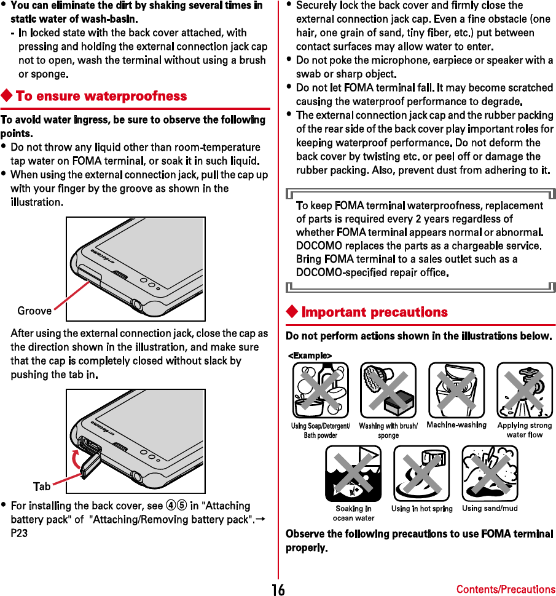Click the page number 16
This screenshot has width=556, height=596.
(278, 589)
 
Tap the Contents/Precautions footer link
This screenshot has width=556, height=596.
(505, 589)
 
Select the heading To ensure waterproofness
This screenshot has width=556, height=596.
(101, 96)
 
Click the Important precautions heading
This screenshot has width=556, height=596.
(374, 312)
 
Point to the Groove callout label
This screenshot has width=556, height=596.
(34, 311)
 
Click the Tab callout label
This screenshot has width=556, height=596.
(42, 486)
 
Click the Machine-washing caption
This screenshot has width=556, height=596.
(456, 425)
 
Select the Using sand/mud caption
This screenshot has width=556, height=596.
(490, 509)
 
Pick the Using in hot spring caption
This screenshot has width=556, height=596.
(422, 509)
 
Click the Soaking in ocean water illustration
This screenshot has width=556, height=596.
(353, 474)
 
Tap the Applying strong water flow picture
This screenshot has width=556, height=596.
(524, 390)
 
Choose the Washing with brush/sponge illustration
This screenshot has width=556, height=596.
(388, 390)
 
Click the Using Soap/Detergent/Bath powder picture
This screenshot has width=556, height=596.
(320, 390)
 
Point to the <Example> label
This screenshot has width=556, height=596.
(310, 355)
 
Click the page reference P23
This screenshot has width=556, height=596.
(19, 533)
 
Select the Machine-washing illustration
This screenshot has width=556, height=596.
(456, 390)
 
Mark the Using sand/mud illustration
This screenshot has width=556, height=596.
(490, 474)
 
